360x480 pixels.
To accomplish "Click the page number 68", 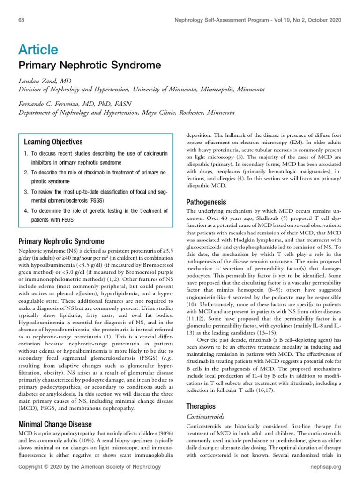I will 21,20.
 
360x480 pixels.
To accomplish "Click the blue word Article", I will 38,49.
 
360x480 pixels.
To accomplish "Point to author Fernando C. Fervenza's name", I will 75,104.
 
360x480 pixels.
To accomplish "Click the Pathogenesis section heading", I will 206,202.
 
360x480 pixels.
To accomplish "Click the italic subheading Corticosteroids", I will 206,416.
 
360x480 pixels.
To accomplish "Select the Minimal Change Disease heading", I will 54,425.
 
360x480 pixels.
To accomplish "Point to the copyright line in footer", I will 89,467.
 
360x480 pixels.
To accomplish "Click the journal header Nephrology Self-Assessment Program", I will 242,20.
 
